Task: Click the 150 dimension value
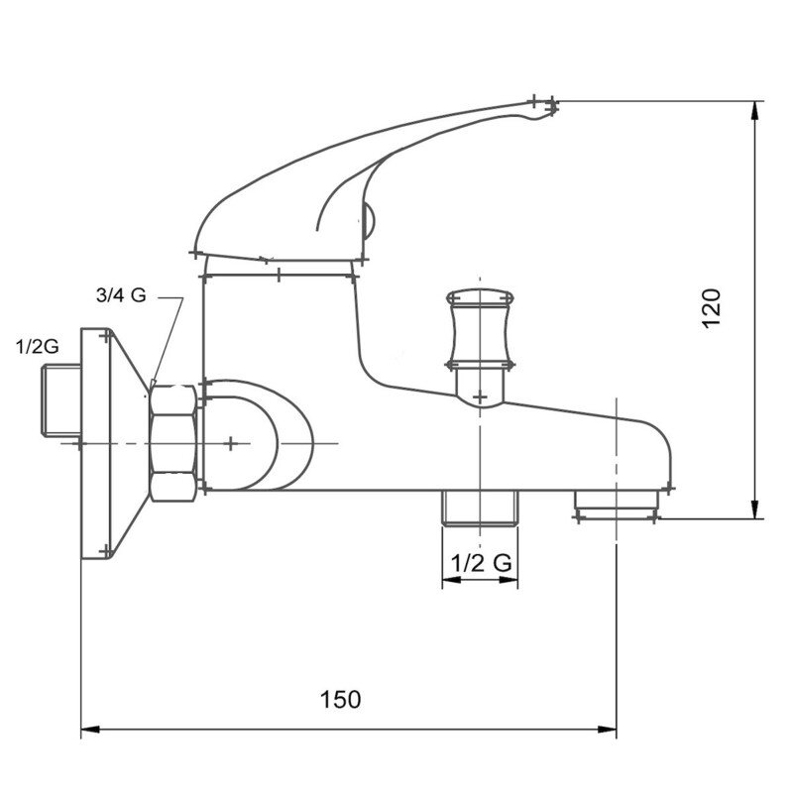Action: click(x=341, y=699)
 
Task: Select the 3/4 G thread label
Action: click(x=121, y=295)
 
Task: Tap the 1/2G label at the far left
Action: click(x=38, y=346)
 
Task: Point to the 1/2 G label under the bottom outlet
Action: click(x=481, y=562)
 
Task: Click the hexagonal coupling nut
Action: click(x=173, y=441)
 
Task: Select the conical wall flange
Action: click(x=114, y=443)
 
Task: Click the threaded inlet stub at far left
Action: click(x=59, y=401)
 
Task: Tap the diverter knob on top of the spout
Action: click(x=481, y=327)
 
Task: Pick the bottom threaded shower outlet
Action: click(x=481, y=508)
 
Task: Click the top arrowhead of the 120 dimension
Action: click(x=757, y=110)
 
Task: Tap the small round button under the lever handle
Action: click(x=369, y=220)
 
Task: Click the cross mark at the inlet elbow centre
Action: click(x=230, y=443)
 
